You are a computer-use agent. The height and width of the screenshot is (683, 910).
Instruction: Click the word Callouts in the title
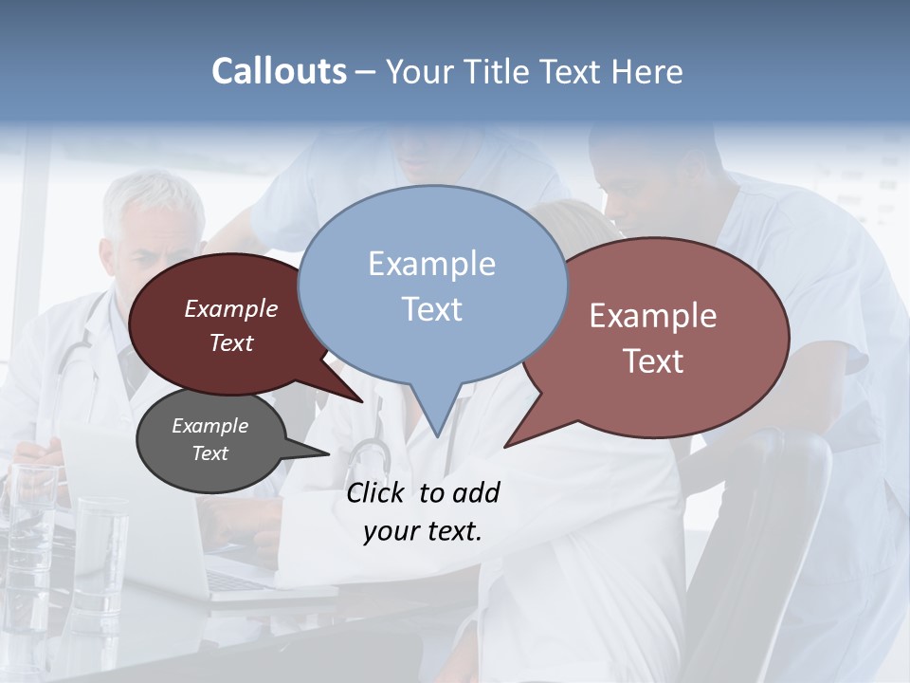click(279, 71)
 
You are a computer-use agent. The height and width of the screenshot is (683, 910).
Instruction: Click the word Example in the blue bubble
click(432, 264)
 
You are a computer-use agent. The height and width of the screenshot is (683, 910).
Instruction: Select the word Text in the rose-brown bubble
click(653, 361)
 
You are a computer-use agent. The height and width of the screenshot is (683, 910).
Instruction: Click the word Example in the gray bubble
click(209, 426)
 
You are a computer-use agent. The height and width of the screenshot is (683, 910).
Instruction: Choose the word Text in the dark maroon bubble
click(231, 343)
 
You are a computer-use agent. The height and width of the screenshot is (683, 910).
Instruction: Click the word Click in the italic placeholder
click(376, 492)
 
